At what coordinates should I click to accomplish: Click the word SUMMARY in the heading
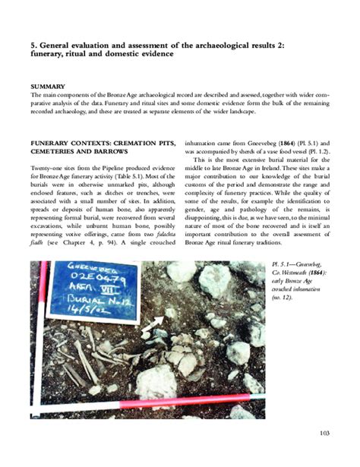tap(43, 87)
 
